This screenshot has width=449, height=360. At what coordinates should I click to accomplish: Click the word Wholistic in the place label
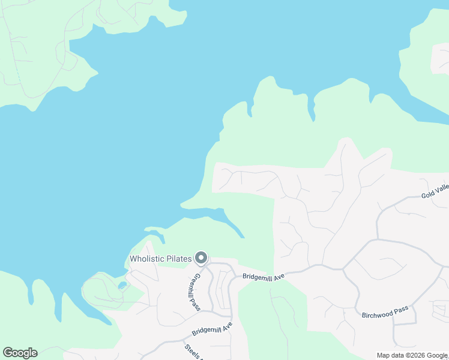pos(147,259)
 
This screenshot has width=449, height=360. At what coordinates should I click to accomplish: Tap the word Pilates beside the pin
pos(178,259)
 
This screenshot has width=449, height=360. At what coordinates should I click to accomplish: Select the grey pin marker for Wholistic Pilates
pos(200,258)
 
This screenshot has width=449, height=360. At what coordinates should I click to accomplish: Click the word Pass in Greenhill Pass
pos(197,304)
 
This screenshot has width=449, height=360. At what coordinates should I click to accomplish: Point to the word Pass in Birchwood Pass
pos(402,309)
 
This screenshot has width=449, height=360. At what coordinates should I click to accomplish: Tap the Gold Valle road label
pos(435,191)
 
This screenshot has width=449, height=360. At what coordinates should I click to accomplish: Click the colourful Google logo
pos(20,353)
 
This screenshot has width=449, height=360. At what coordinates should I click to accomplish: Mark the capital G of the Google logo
pos(7,353)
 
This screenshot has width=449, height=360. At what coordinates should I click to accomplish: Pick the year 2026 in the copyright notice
pos(423,355)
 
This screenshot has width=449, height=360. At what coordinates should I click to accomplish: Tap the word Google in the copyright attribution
pos(439,355)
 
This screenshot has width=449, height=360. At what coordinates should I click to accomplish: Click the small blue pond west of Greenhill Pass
pos(122,285)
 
